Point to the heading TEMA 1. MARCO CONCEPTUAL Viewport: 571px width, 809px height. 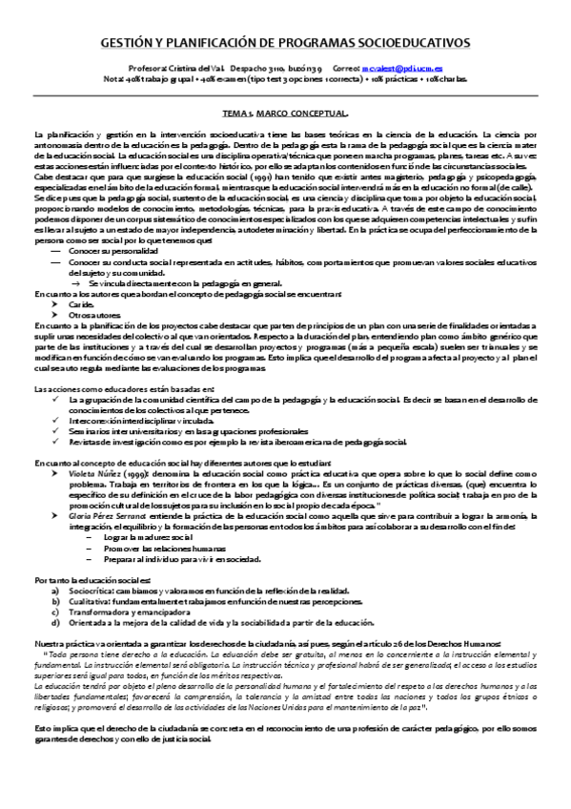(x=285, y=113)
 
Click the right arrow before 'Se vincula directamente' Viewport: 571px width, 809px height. (x=77, y=283)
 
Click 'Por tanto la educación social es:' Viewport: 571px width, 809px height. (x=92, y=580)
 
